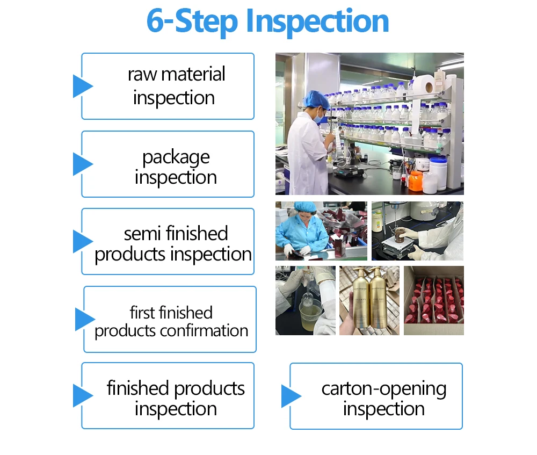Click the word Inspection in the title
317,21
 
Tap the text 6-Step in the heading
192,21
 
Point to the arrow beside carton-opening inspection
291,396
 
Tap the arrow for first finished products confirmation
84,319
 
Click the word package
176,157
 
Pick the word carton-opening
383,388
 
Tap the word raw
141,74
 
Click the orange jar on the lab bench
416,180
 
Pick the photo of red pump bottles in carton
433,300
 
